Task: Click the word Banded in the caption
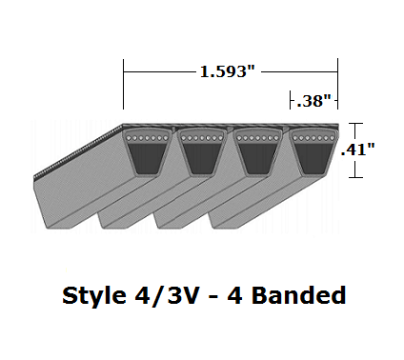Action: (x=294, y=295)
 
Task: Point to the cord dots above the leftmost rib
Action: (x=145, y=139)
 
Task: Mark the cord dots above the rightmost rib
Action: (x=311, y=139)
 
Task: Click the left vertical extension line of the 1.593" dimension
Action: (x=123, y=86)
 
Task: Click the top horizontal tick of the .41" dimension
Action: (x=356, y=123)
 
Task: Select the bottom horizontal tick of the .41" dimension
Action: (x=356, y=177)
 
